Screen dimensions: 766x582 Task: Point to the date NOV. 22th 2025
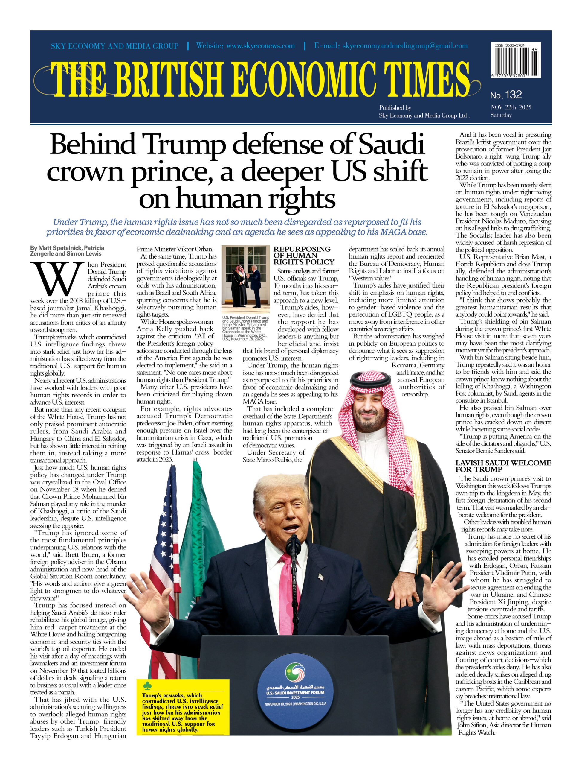[511, 107]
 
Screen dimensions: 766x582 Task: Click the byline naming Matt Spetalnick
[67, 251]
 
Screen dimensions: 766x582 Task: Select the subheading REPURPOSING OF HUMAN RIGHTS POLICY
[304, 256]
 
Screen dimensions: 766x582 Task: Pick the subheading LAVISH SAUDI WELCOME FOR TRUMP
[503, 466]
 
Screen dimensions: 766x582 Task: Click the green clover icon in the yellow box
[147, 686]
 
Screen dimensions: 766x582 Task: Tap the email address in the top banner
[391, 46]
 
